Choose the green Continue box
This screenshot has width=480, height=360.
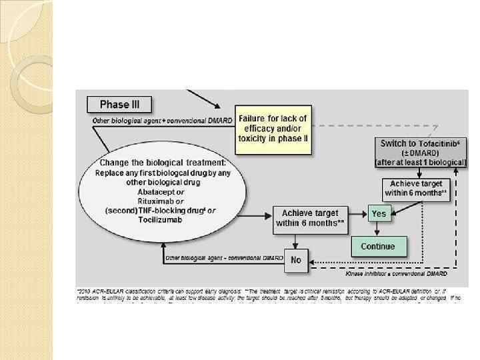pos(378,246)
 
